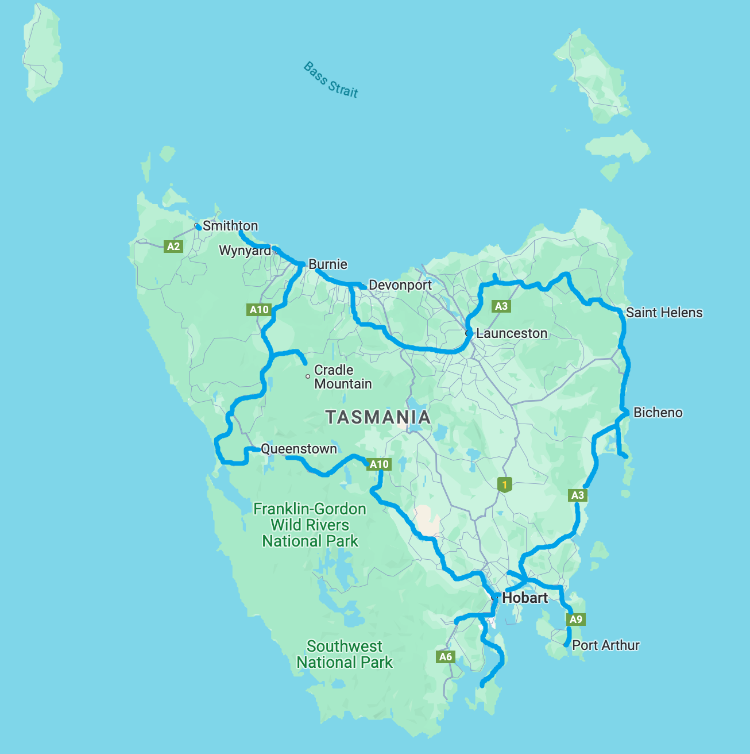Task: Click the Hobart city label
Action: [524, 598]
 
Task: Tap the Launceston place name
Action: [511, 333]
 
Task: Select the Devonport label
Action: [400, 285]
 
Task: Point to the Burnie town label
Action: [327, 264]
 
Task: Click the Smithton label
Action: [230, 226]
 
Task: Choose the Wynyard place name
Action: [245, 251]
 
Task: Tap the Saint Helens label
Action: [664, 313]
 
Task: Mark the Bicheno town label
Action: [658, 413]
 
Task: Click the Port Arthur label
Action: [605, 645]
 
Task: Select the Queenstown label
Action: [299, 449]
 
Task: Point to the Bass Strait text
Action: [331, 80]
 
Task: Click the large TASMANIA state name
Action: [378, 417]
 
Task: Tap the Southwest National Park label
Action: [344, 655]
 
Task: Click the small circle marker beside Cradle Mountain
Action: [308, 376]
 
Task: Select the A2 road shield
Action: [173, 247]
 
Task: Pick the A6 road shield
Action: [446, 656]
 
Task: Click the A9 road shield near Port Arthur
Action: [575, 619]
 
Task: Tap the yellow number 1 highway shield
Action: [504, 484]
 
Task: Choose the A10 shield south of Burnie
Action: [259, 310]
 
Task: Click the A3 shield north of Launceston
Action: [501, 306]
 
